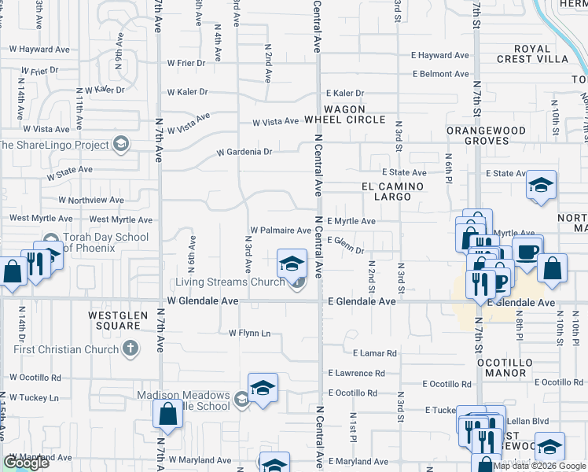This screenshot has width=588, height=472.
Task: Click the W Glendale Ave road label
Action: [x=202, y=301]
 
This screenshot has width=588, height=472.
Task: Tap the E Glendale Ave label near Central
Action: [x=362, y=301]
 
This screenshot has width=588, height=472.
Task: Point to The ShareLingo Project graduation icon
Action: [x=120, y=144]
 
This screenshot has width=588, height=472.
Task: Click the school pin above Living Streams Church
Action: [x=292, y=262]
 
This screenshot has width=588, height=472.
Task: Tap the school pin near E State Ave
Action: [x=541, y=186]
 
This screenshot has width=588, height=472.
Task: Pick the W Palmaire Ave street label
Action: [x=281, y=230]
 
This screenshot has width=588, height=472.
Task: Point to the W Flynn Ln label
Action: [x=249, y=334]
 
